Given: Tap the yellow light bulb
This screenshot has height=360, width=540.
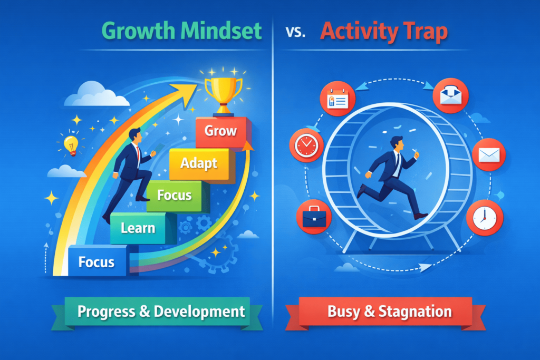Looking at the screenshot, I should coord(71,144).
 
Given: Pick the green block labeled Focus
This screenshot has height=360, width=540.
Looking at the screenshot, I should coord(174,195).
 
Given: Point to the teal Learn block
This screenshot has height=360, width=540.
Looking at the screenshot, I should coord(138,228).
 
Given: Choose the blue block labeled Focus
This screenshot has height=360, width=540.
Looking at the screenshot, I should coord(97,261).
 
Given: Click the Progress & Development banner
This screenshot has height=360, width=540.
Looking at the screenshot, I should coord(161,311).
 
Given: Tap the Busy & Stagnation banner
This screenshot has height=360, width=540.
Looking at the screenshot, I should coord(390,311).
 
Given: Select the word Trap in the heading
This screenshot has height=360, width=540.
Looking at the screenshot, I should coord(422,32).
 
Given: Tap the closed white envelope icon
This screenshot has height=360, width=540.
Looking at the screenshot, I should coord(489,155).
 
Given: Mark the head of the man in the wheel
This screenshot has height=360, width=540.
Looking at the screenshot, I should coord(397,143).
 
